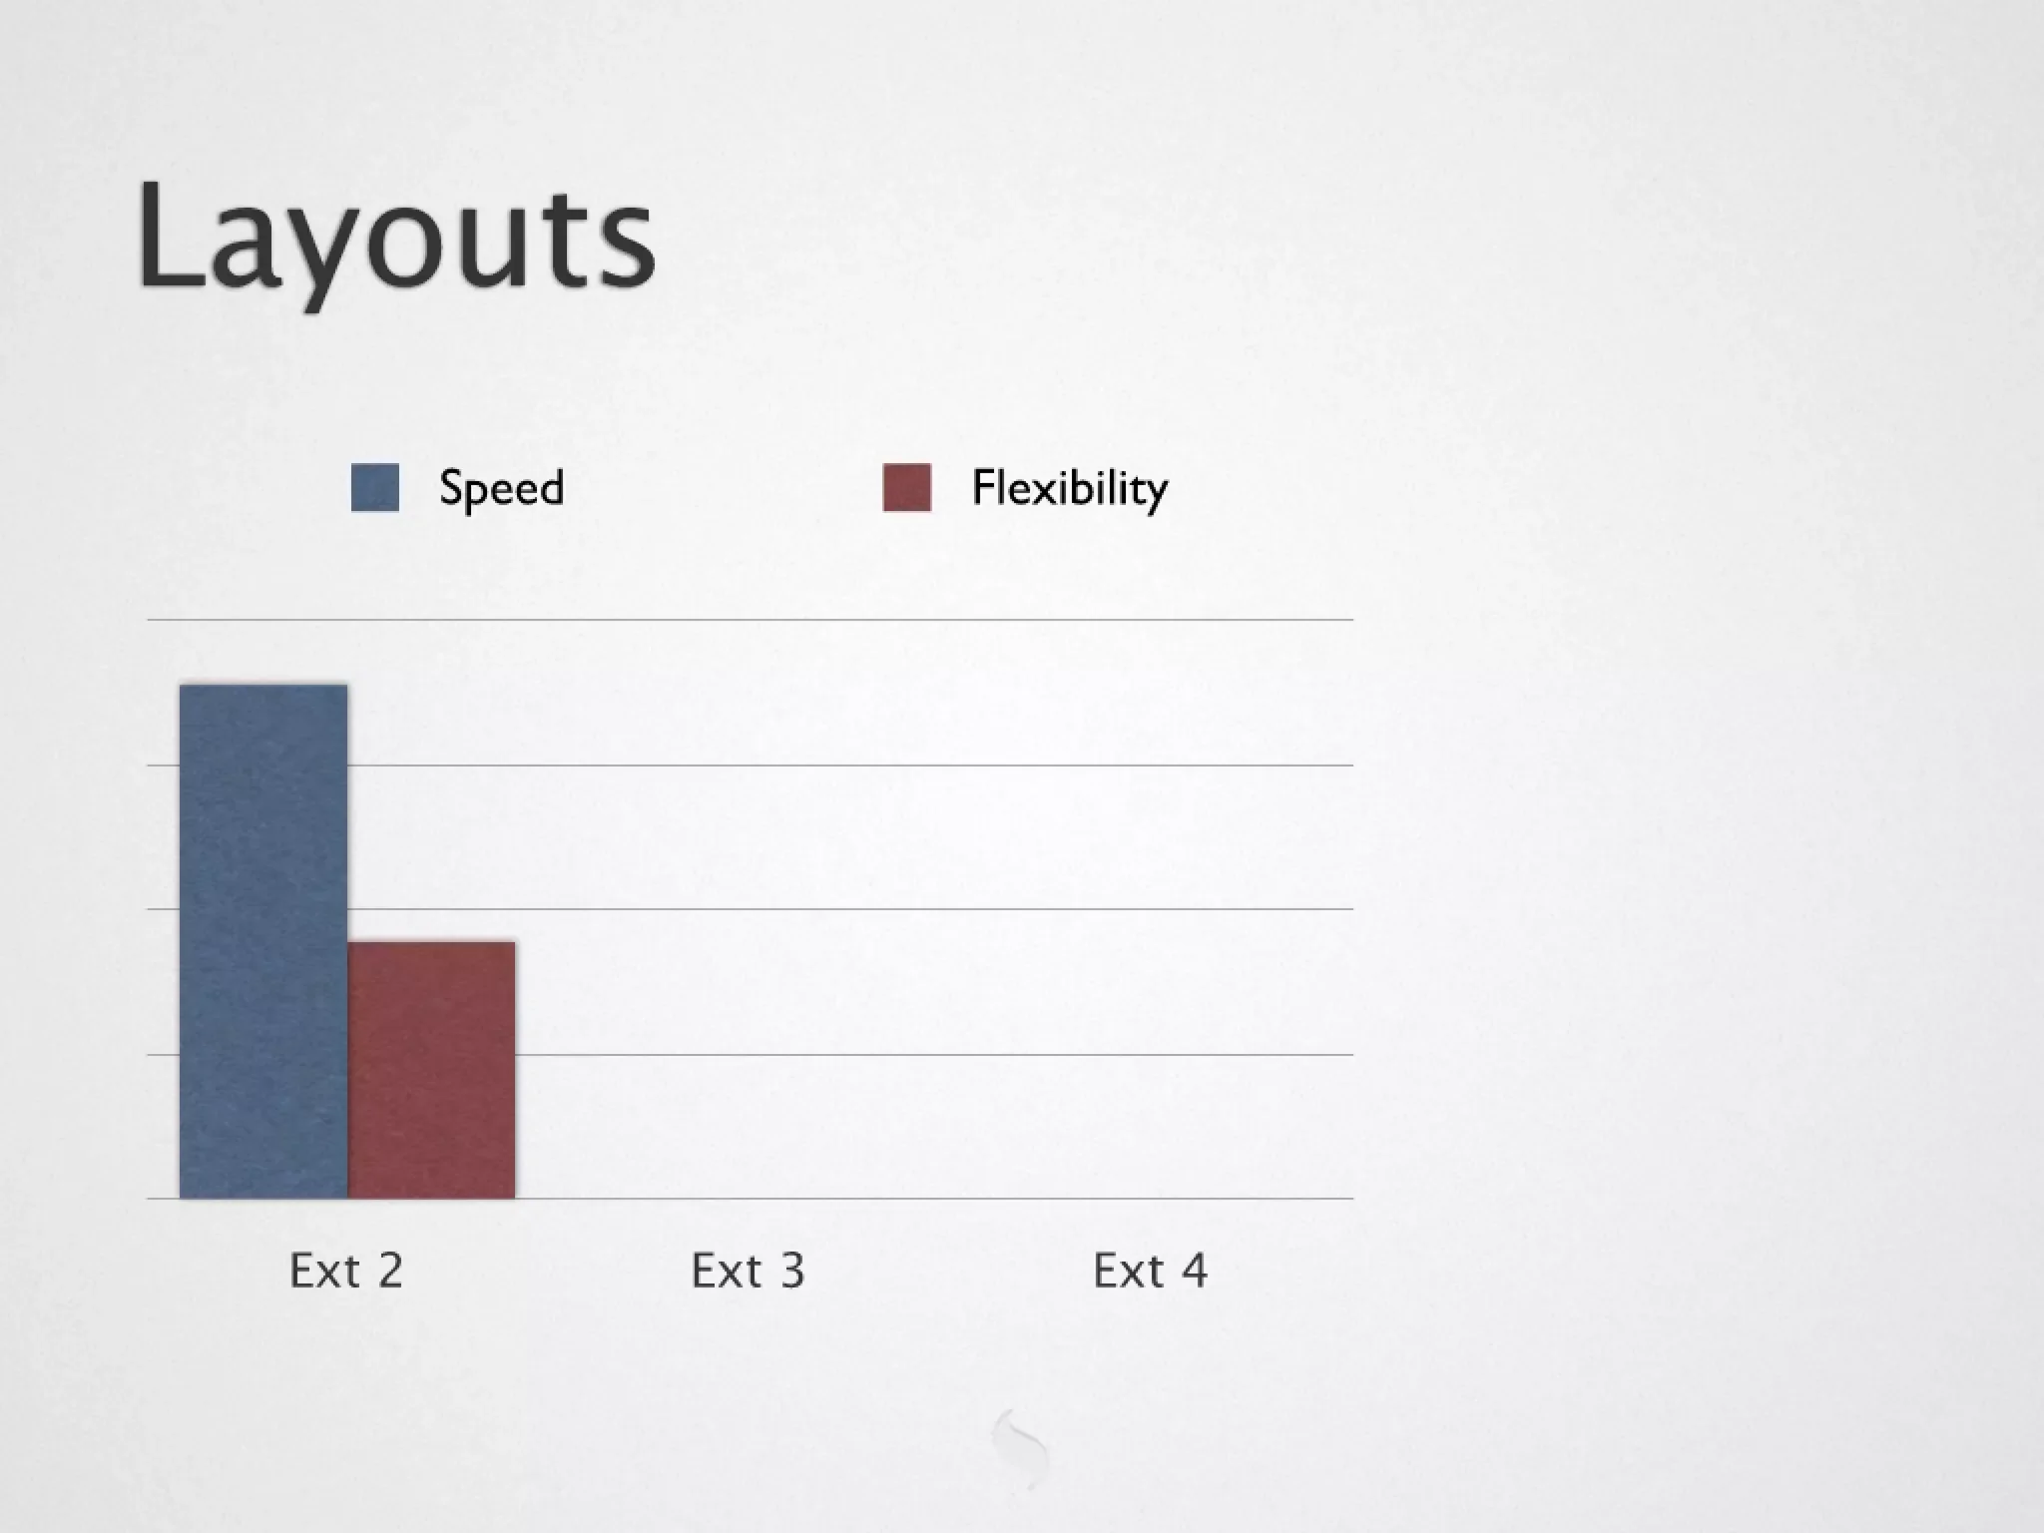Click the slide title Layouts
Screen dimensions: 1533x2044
tap(395, 240)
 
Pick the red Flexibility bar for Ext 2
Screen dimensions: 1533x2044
tap(431, 1069)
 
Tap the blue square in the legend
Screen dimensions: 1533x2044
tap(375, 488)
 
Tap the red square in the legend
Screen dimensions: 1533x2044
tap(907, 488)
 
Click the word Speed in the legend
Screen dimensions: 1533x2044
tap(501, 489)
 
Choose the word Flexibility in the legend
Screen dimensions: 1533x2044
tap(1069, 489)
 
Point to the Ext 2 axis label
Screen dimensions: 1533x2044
tap(345, 1271)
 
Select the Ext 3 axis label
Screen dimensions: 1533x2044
tap(748, 1271)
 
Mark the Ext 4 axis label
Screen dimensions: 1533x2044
tap(1150, 1271)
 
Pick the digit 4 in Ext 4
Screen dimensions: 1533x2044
tap(1195, 1271)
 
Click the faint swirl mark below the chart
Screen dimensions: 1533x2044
tap(1021, 1447)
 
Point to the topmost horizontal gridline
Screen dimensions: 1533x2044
tap(749, 620)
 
